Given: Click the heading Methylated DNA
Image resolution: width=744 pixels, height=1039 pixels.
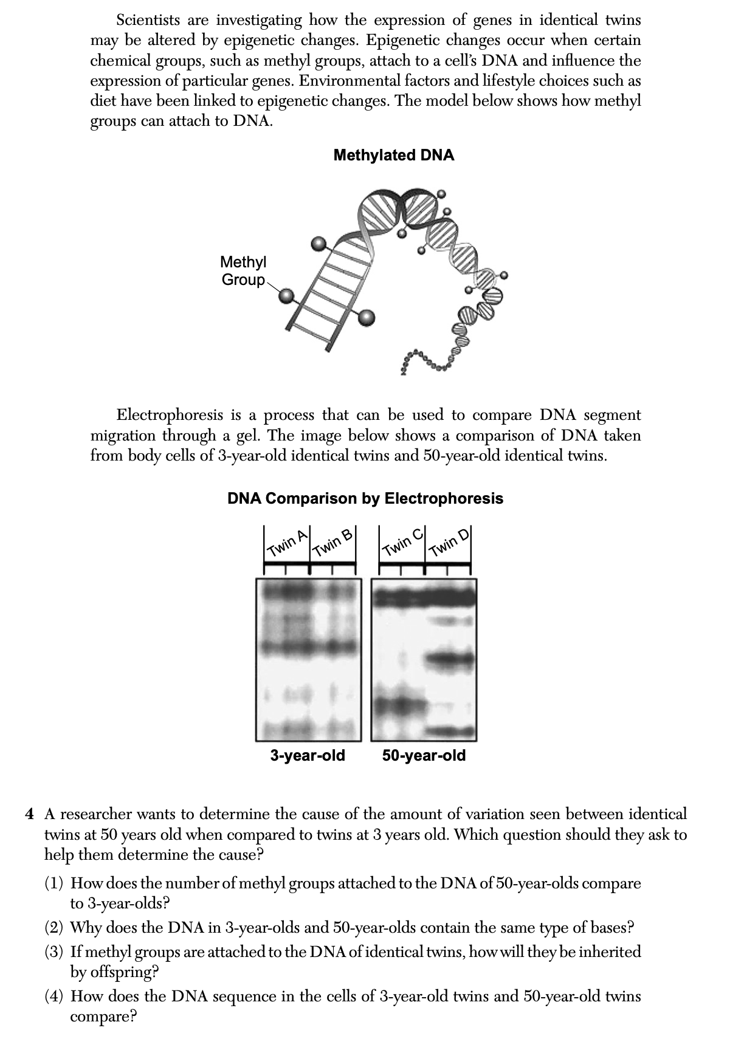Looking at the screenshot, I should click(x=394, y=155).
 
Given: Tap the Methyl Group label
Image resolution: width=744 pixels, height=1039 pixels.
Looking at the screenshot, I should click(x=243, y=271).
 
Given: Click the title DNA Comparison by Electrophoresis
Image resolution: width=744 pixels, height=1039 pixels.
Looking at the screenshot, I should click(x=365, y=499).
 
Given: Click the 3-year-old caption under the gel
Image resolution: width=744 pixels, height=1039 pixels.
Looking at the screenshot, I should click(x=308, y=756).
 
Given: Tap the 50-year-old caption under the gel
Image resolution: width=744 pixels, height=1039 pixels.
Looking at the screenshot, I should click(x=424, y=756).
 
